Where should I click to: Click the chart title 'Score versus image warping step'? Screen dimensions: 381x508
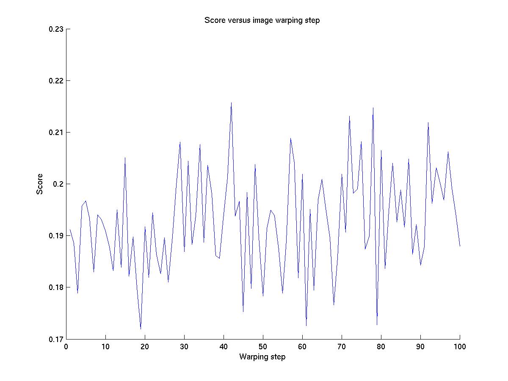click(262, 20)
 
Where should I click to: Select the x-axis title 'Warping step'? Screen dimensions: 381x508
click(262, 357)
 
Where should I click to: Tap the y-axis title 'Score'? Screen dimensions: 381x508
click(40, 184)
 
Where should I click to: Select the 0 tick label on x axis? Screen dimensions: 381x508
click(66, 347)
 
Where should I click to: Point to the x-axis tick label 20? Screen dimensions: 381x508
click(145, 347)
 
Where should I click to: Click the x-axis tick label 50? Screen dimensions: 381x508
click(263, 347)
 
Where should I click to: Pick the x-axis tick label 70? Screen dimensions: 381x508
click(342, 347)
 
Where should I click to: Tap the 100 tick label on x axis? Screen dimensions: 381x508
click(460, 347)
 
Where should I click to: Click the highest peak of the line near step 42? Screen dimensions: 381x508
click(231, 102)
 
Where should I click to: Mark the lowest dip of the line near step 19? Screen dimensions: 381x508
click(141, 329)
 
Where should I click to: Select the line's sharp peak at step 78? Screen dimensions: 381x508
click(373, 108)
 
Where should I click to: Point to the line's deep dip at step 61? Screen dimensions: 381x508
click(306, 326)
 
